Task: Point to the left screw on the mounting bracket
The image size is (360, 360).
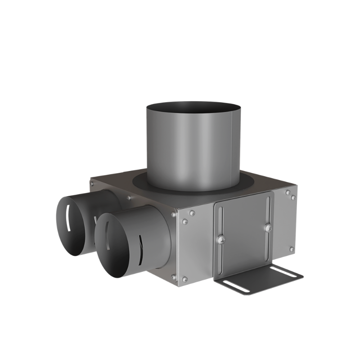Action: tap(220, 240)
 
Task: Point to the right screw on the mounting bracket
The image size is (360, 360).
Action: tap(268, 228)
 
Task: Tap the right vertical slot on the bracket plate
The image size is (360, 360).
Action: tap(268, 211)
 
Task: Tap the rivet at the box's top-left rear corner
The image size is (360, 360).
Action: tap(93, 183)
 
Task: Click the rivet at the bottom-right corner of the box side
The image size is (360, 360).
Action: tap(292, 249)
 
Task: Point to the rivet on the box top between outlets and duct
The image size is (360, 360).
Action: tap(129, 198)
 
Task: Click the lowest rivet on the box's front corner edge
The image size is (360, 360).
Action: tap(184, 279)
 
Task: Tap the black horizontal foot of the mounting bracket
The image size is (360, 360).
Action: tap(261, 279)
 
